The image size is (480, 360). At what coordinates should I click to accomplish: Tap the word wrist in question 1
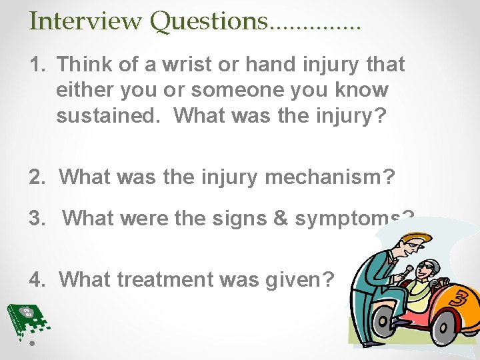point(185,65)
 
